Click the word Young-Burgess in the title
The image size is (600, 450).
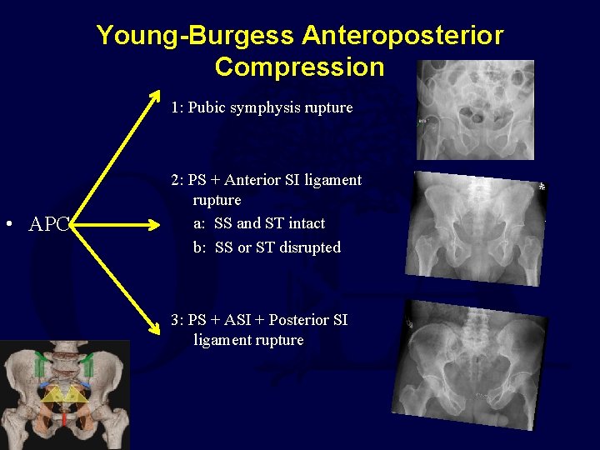pos(195,36)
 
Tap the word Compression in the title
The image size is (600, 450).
pos(299,67)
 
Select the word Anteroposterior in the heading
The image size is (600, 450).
pos(402,36)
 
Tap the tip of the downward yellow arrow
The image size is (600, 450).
pos(160,317)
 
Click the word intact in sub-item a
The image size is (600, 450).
pos(305,223)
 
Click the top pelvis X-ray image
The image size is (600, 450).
pos(475,109)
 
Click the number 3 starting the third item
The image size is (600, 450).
pos(174,320)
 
